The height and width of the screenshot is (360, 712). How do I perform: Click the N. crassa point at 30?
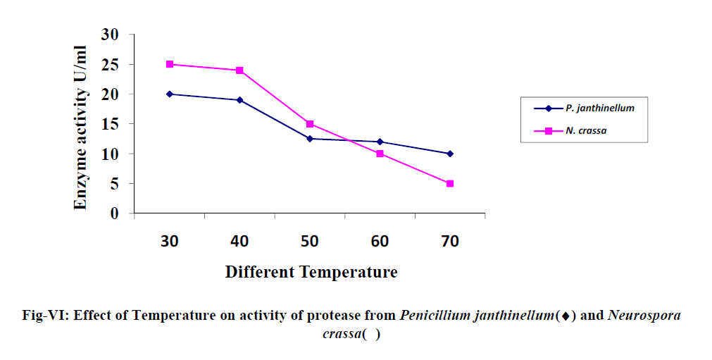point(170,64)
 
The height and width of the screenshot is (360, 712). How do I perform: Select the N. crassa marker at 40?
point(239,70)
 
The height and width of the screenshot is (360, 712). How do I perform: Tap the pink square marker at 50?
point(310,124)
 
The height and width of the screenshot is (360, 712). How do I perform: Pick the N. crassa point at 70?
point(450,184)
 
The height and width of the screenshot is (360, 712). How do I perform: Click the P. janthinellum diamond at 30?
point(170,94)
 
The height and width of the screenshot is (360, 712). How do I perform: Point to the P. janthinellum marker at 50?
point(310,139)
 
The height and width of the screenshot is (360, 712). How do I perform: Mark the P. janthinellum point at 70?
point(450,154)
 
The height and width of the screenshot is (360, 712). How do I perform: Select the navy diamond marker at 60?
point(380,142)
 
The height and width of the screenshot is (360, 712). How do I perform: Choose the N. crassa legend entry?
point(584,131)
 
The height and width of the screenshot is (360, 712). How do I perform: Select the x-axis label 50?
point(310,242)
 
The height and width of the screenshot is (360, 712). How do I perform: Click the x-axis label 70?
point(450,242)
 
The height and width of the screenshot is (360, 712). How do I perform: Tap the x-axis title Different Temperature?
point(311,272)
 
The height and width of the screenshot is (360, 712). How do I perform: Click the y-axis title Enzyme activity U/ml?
point(81,127)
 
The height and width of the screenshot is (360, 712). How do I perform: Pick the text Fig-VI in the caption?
point(44,316)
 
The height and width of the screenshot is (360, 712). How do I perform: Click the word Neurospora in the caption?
point(644,316)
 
